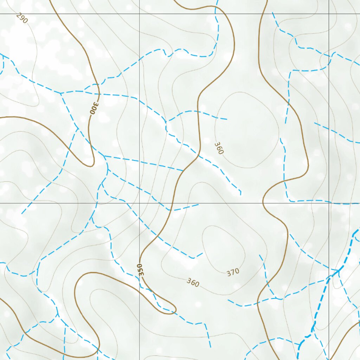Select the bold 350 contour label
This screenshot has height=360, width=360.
pyautogui.click(x=141, y=270)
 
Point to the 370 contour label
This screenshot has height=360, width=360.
pyautogui.click(x=233, y=272)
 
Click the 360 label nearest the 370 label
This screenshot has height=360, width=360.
pyautogui.click(x=193, y=282)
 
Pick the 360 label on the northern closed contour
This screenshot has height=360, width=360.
pyautogui.click(x=219, y=148)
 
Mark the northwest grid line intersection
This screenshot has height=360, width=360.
pyautogui.click(x=140, y=14)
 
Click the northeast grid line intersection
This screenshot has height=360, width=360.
pyautogui.click(x=329, y=14)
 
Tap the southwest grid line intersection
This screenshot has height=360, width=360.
pyautogui.click(x=140, y=203)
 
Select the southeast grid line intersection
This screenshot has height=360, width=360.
pyautogui.click(x=329, y=203)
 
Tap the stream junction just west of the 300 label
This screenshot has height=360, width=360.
pyautogui.click(x=61, y=93)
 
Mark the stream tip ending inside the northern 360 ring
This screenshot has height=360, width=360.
pyautogui.click(x=227, y=119)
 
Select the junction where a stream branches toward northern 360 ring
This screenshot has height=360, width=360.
pyautogui.click(x=166, y=122)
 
